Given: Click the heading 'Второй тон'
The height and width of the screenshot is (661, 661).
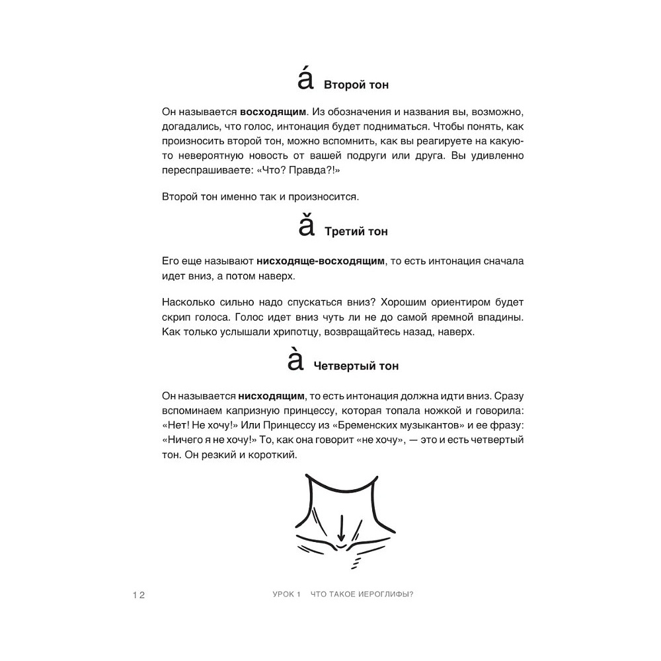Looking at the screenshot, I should click(x=356, y=85).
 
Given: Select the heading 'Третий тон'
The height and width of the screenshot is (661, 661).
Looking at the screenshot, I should click(x=356, y=232).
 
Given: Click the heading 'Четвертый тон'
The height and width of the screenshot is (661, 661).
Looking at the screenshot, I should click(x=356, y=366).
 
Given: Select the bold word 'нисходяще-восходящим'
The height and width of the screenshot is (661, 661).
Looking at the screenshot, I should click(x=320, y=261).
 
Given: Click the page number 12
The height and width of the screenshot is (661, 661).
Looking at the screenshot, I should click(x=138, y=594).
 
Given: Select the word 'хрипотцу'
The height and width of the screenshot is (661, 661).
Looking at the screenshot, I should click(x=292, y=332).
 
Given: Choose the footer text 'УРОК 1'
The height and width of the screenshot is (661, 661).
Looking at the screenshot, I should click(x=278, y=594).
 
